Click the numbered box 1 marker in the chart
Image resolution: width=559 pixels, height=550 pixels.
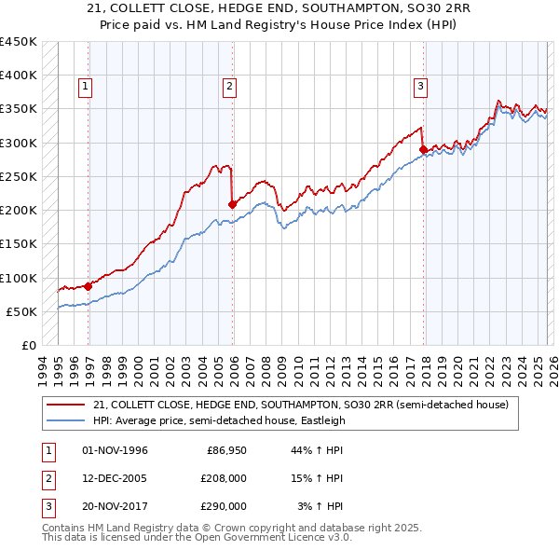coord(86,87)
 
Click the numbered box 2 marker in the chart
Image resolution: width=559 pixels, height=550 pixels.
coord(229,87)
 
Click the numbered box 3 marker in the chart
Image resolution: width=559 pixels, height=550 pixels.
coord(420,87)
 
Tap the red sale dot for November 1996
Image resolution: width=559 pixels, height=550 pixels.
coord(89,286)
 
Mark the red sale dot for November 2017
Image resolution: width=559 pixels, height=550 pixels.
coord(423,149)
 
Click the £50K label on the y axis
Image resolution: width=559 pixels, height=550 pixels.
coord(21,311)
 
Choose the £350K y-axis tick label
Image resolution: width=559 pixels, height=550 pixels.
coord(19,109)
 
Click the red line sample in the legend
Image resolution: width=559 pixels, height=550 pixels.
coord(65,405)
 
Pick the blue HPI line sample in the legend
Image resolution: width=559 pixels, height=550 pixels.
coord(65,420)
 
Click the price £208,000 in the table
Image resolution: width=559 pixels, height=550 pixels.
coord(224,478)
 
